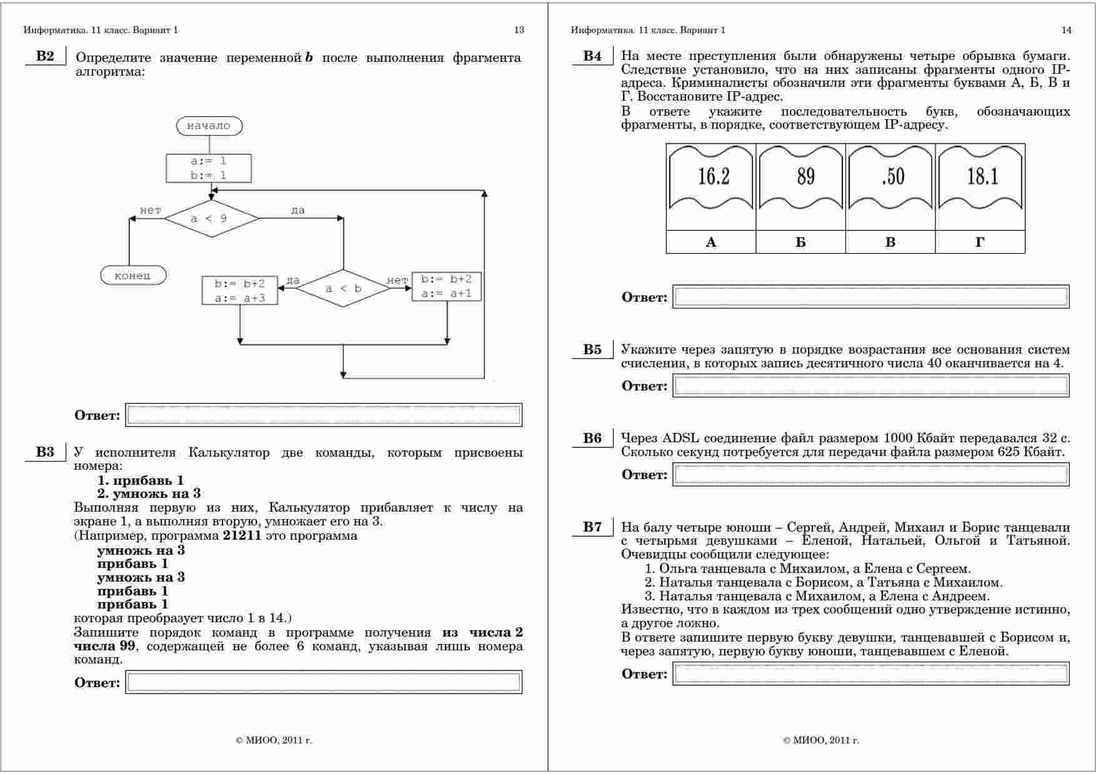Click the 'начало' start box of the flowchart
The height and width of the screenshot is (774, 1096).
pyautogui.click(x=209, y=126)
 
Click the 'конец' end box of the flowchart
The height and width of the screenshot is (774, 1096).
pyautogui.click(x=133, y=275)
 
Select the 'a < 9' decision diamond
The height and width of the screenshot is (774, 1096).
pyautogui.click(x=212, y=219)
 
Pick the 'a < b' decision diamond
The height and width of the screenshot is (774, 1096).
pyautogui.click(x=343, y=289)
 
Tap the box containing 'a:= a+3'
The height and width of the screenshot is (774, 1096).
pyautogui.click(x=240, y=290)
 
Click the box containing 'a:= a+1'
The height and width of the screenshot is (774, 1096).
pyautogui.click(x=446, y=286)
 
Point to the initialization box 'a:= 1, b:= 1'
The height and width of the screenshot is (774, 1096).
pyautogui.click(x=209, y=168)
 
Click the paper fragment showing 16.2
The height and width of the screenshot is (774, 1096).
pyautogui.click(x=712, y=177)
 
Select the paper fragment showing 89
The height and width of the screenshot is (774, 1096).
pyautogui.click(x=801, y=177)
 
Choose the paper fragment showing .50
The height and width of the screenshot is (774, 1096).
pyautogui.click(x=891, y=177)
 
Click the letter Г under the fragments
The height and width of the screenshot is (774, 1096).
pyautogui.click(x=980, y=242)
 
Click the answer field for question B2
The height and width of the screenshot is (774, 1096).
pyautogui.click(x=324, y=415)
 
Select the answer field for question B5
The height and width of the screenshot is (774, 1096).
pyautogui.click(x=870, y=385)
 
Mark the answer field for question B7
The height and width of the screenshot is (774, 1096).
pyautogui.click(x=870, y=674)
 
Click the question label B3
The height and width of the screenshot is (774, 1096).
pyautogui.click(x=45, y=452)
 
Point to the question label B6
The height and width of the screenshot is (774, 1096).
pyautogui.click(x=592, y=438)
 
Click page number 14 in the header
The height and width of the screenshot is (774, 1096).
pyautogui.click(x=1066, y=30)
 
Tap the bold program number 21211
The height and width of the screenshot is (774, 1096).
pyautogui.click(x=242, y=535)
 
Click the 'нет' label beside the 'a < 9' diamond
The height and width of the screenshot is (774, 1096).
pyautogui.click(x=151, y=211)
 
